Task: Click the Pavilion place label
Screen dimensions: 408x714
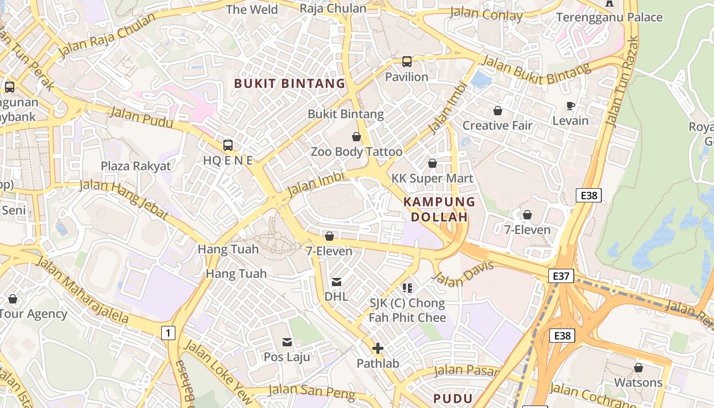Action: point(406,77)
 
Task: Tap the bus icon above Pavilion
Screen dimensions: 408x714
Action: point(406,62)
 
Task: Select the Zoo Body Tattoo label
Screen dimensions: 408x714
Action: point(356,152)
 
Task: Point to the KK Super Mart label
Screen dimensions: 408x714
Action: point(432,178)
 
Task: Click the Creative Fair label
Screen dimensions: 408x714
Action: point(497,125)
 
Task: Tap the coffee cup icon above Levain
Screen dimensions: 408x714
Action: point(571,106)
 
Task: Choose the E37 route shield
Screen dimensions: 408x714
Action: point(561,276)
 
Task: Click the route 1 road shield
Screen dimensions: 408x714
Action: point(168,334)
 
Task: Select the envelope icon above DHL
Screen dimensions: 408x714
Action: point(337,282)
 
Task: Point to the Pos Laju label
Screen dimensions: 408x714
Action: point(287,357)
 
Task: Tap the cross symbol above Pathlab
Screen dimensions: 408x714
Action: point(378,349)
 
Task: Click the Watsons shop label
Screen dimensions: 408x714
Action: point(638,382)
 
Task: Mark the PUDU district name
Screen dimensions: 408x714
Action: point(453,398)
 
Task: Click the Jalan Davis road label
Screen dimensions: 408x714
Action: point(463,274)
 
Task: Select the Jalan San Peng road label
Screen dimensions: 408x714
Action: point(311,392)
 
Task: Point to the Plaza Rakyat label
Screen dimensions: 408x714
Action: point(136,166)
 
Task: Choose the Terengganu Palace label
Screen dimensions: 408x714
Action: point(609,17)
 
